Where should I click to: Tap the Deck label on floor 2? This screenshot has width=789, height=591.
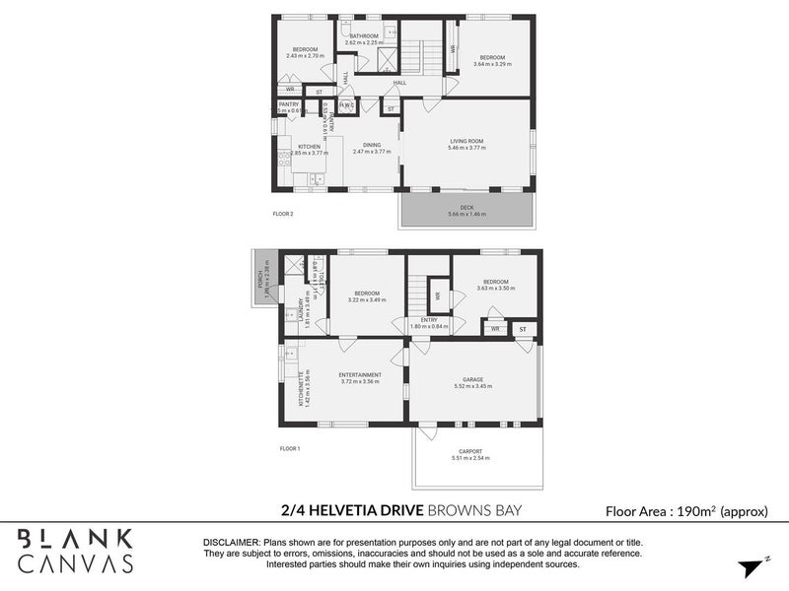pos(466,208)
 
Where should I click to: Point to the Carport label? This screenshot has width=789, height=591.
pos(477,452)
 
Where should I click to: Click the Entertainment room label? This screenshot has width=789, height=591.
pos(360,375)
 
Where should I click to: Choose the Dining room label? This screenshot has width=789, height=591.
pos(372,146)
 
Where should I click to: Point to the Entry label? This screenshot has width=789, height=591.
pos(428,319)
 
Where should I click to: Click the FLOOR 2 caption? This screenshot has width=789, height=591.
pos(283,213)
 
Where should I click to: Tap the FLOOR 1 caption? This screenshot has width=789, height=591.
pos(289,448)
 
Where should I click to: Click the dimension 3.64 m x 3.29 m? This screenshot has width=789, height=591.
pos(492,64)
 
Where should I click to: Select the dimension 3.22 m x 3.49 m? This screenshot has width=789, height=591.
pos(367,299)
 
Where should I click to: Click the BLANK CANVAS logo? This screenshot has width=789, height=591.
pos(76,551)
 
